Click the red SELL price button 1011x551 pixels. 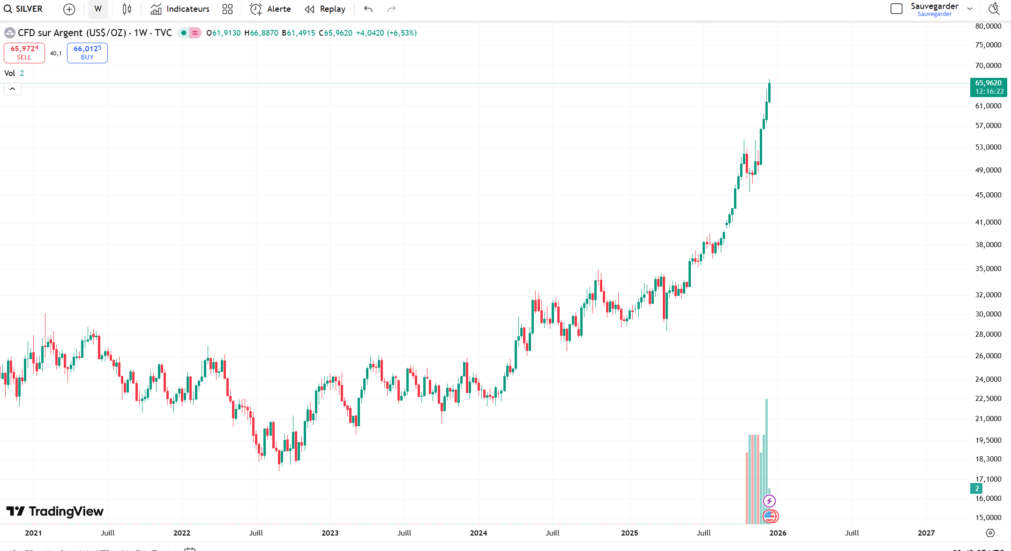[24, 53]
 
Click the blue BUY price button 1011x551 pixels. [87, 53]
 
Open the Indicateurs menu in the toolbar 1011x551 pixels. [180, 9]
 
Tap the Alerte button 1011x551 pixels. [270, 9]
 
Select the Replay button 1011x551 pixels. [325, 9]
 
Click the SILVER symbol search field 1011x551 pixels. [23, 9]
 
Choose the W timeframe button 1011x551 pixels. [98, 9]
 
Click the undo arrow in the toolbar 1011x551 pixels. [368, 9]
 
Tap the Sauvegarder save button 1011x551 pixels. [934, 9]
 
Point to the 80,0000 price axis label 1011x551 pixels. [988, 26]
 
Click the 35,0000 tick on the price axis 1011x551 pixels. [988, 269]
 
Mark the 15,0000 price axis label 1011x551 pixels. [988, 518]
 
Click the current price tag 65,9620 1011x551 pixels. [989, 87]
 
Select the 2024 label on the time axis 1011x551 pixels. [479, 533]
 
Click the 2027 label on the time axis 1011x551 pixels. [926, 533]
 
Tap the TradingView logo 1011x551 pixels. [55, 511]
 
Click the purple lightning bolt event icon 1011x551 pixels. [769, 501]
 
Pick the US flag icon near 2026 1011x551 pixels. [770, 516]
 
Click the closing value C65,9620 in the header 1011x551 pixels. [336, 33]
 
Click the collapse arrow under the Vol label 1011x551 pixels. [13, 89]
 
